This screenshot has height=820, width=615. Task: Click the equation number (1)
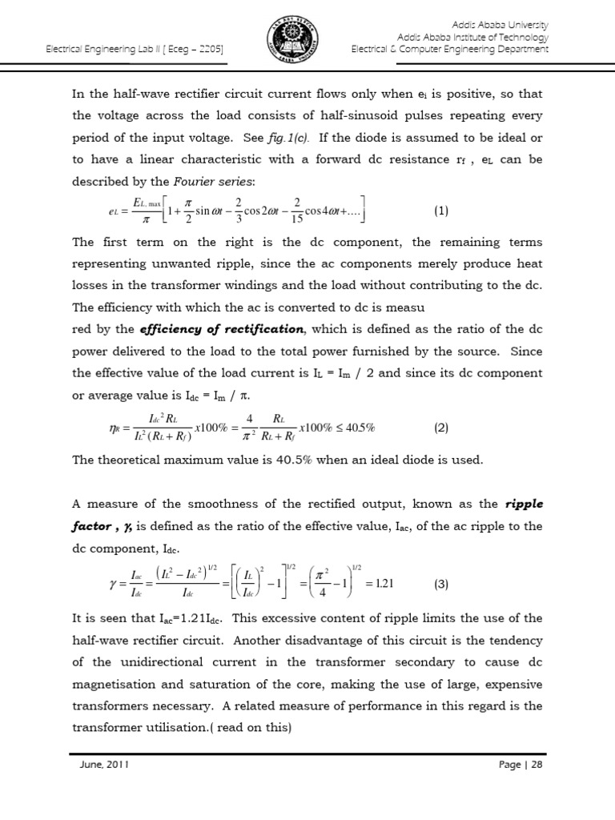[x=441, y=211]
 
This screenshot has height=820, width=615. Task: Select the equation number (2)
[x=441, y=428]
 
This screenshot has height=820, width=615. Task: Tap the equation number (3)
[x=441, y=584]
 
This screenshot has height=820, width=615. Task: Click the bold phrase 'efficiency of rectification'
[x=223, y=329]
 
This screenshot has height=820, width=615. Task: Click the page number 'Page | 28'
[x=521, y=765]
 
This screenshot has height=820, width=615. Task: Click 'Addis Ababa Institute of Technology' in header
[x=472, y=38]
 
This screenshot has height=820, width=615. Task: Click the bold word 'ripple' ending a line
[x=524, y=504]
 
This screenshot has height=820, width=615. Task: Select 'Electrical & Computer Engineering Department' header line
[x=450, y=50]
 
